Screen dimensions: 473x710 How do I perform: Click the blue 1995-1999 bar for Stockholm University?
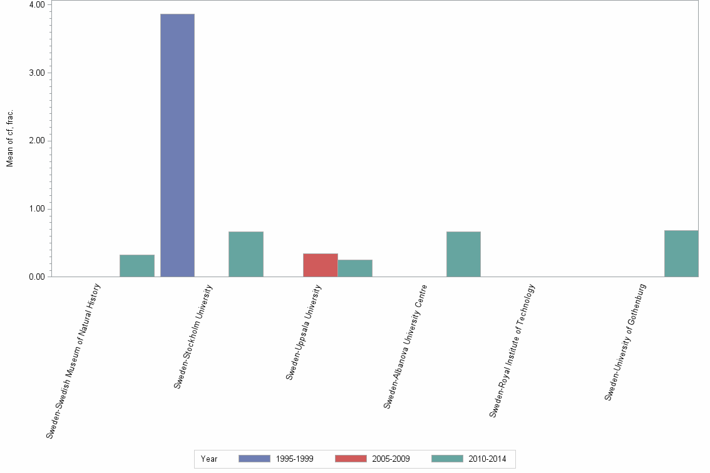click(177, 145)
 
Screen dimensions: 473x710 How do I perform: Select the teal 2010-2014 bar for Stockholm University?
click(245, 254)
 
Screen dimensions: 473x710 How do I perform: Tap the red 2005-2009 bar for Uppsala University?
click(320, 265)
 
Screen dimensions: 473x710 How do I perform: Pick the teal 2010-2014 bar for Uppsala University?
click(354, 268)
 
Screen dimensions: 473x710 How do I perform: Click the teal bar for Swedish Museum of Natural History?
click(136, 265)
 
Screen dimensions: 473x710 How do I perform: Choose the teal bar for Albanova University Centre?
click(463, 254)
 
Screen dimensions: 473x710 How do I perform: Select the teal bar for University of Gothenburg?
click(681, 253)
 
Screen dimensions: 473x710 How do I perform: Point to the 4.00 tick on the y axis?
click(36, 5)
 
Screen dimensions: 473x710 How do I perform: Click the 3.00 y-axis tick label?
click(36, 73)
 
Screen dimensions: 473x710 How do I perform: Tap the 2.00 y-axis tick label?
click(36, 141)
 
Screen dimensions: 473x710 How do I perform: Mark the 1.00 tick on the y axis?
click(36, 209)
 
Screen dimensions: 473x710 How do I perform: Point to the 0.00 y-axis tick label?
click(36, 277)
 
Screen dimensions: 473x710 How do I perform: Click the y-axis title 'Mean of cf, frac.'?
click(10, 139)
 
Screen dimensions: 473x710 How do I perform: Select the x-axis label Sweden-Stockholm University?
click(193, 337)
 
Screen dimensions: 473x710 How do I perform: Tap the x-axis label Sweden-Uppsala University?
click(304, 332)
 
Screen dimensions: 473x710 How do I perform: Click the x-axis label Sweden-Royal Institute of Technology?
click(513, 351)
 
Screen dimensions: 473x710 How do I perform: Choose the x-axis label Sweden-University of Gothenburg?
click(625, 342)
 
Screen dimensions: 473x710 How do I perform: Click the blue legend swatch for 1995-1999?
click(254, 459)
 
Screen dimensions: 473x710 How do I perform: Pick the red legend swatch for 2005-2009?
click(351, 459)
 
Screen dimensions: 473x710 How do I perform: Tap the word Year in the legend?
click(209, 459)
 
